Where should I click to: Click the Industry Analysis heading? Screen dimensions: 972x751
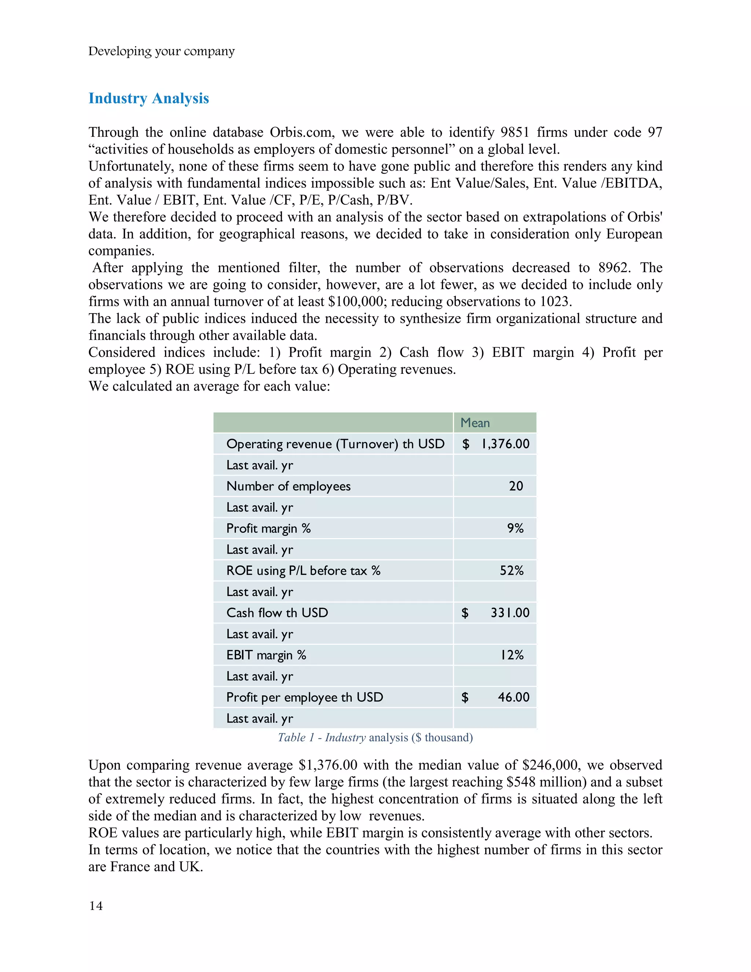[x=149, y=98]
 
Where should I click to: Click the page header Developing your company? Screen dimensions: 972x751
[x=161, y=51]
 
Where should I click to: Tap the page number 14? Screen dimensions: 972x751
[x=96, y=906]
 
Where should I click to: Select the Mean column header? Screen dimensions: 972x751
[x=475, y=423]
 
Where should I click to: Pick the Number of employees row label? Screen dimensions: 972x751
[x=288, y=486]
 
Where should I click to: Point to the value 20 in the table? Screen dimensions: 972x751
[x=516, y=486]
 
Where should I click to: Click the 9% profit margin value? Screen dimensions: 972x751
[x=515, y=528]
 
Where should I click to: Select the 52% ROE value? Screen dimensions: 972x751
[x=511, y=571]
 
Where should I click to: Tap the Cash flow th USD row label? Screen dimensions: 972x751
[x=277, y=613]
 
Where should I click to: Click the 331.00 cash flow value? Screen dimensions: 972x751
[x=510, y=613]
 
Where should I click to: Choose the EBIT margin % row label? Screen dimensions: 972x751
[x=266, y=655]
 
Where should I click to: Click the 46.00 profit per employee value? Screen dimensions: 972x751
[x=513, y=697]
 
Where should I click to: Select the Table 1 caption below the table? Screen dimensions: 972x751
[x=375, y=738]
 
